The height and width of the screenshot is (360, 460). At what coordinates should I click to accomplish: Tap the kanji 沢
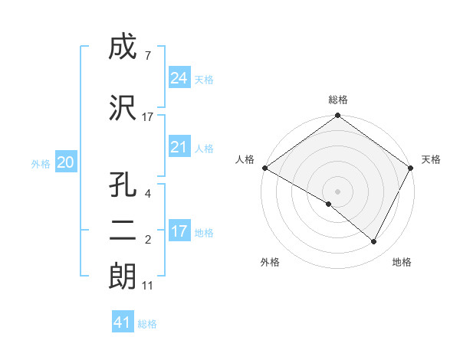coord(123,108)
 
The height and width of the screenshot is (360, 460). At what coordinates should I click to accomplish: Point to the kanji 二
coord(123,232)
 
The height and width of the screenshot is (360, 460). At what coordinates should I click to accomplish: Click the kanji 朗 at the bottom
coord(123,277)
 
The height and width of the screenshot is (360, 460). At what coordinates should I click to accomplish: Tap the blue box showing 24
coord(179,78)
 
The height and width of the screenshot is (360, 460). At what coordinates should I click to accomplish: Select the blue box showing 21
coord(179,147)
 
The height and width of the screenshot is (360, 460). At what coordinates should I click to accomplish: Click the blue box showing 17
coord(179,231)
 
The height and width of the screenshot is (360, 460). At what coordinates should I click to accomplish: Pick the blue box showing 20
coord(66,162)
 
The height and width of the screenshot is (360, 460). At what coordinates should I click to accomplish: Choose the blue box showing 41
coord(123,322)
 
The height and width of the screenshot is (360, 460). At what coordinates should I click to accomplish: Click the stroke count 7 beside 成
coord(147,56)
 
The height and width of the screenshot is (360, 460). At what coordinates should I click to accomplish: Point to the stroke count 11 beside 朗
coord(148,286)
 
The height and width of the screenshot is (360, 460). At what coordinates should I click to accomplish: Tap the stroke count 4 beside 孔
coord(147,195)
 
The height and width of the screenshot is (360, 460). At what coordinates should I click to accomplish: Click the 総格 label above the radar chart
coord(338,100)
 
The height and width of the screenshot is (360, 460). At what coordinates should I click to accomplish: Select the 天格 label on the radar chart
coord(431,159)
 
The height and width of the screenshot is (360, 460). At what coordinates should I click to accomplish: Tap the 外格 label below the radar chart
coord(270,262)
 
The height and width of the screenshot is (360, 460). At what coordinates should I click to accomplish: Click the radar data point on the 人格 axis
coord(264,168)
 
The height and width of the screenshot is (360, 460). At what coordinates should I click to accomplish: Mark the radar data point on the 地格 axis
coord(374,241)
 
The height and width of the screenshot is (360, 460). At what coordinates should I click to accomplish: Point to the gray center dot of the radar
coord(337,191)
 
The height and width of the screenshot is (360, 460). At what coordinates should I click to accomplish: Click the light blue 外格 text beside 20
coord(41,163)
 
